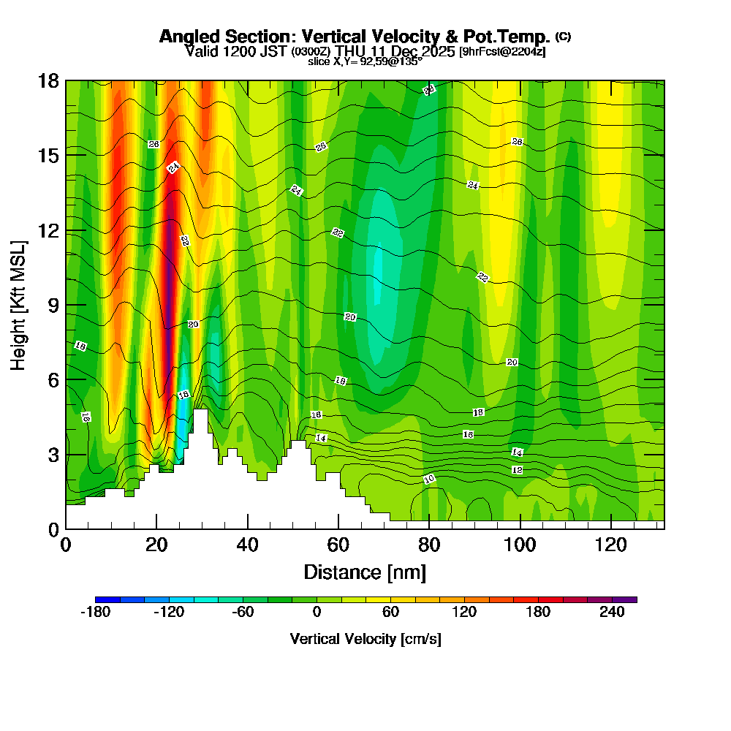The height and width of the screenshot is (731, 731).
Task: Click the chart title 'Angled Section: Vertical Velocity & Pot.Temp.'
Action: tap(355, 37)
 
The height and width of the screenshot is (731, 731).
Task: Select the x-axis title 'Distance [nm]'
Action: tap(365, 572)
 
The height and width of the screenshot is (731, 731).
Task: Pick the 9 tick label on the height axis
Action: tap(52, 305)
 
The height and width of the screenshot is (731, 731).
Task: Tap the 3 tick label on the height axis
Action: tap(52, 455)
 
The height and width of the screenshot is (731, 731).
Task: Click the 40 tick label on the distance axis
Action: tap(248, 545)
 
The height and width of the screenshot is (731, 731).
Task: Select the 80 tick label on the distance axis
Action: tap(429, 545)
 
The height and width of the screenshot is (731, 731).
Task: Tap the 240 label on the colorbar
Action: tap(612, 613)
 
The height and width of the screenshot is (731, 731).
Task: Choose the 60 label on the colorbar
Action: tap(390, 613)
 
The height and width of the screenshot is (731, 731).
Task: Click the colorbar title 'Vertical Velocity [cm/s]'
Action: tap(365, 639)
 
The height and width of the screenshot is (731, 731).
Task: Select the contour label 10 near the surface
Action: tap(429, 480)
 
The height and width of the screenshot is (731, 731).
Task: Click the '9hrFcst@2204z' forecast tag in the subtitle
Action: tap(502, 52)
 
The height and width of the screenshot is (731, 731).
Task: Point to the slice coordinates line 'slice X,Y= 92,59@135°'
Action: tap(365, 62)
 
